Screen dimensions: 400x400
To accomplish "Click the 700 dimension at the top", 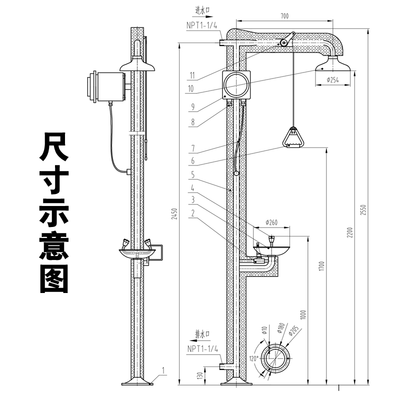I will coord(284,16).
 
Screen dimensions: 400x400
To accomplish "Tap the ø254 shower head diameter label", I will coord(333,80).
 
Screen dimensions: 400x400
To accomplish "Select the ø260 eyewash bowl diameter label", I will coord(272,222).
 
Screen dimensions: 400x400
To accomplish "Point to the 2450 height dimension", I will coord(174,214).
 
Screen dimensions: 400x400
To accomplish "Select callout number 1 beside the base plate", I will coord(163,371).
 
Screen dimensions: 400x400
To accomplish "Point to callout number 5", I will coord(192,175).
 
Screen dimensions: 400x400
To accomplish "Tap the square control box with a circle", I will coord(235,84).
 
